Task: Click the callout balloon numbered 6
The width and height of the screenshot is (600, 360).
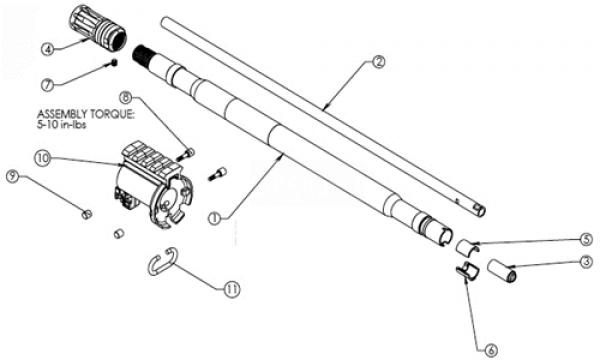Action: click(x=491, y=350)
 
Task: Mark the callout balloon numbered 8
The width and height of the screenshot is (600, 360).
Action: click(x=127, y=97)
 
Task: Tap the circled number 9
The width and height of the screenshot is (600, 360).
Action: click(x=13, y=177)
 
